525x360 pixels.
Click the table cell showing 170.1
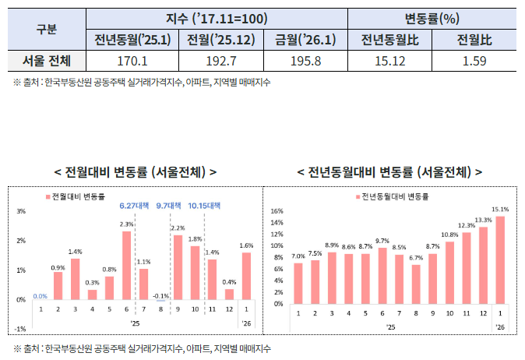click(x=132, y=60)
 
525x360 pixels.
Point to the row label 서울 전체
click(x=47, y=60)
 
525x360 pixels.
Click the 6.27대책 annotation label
click(x=133, y=206)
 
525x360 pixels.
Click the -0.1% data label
click(x=160, y=295)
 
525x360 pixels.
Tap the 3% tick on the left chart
click(x=21, y=211)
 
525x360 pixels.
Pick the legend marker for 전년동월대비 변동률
click(x=356, y=196)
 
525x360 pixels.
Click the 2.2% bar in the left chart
click(x=177, y=266)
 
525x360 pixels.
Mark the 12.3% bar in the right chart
click(x=466, y=267)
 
